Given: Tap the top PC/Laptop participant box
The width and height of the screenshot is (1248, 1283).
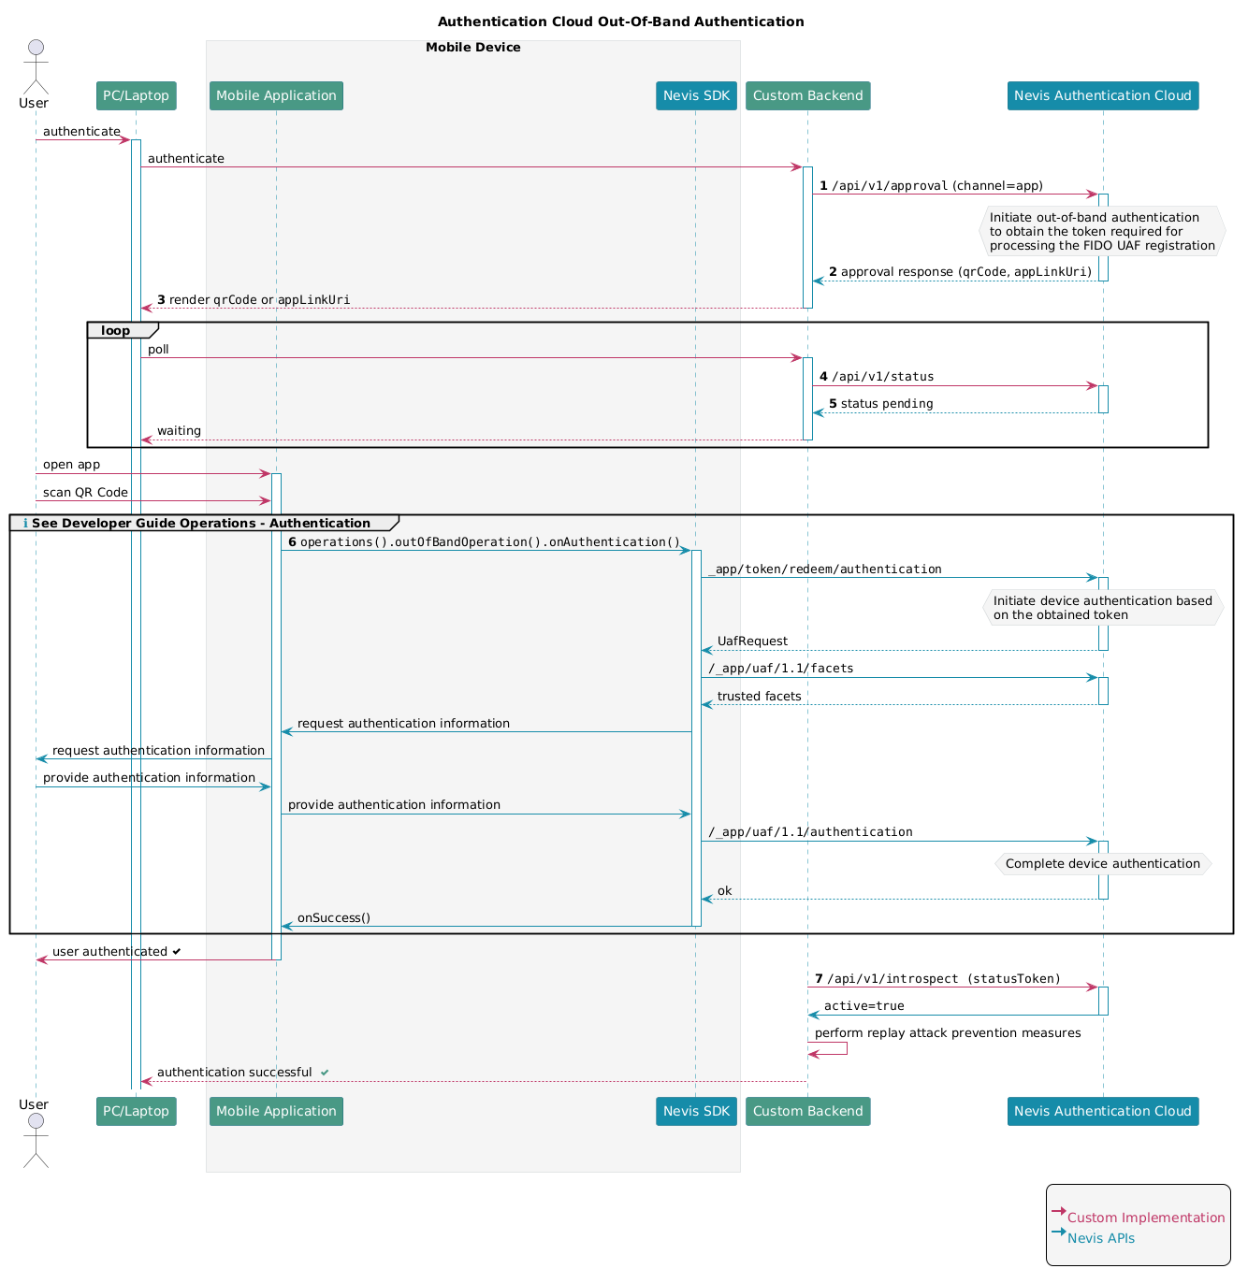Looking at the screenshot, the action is coord(137,96).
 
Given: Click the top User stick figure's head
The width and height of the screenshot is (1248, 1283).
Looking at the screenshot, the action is coord(36,48).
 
